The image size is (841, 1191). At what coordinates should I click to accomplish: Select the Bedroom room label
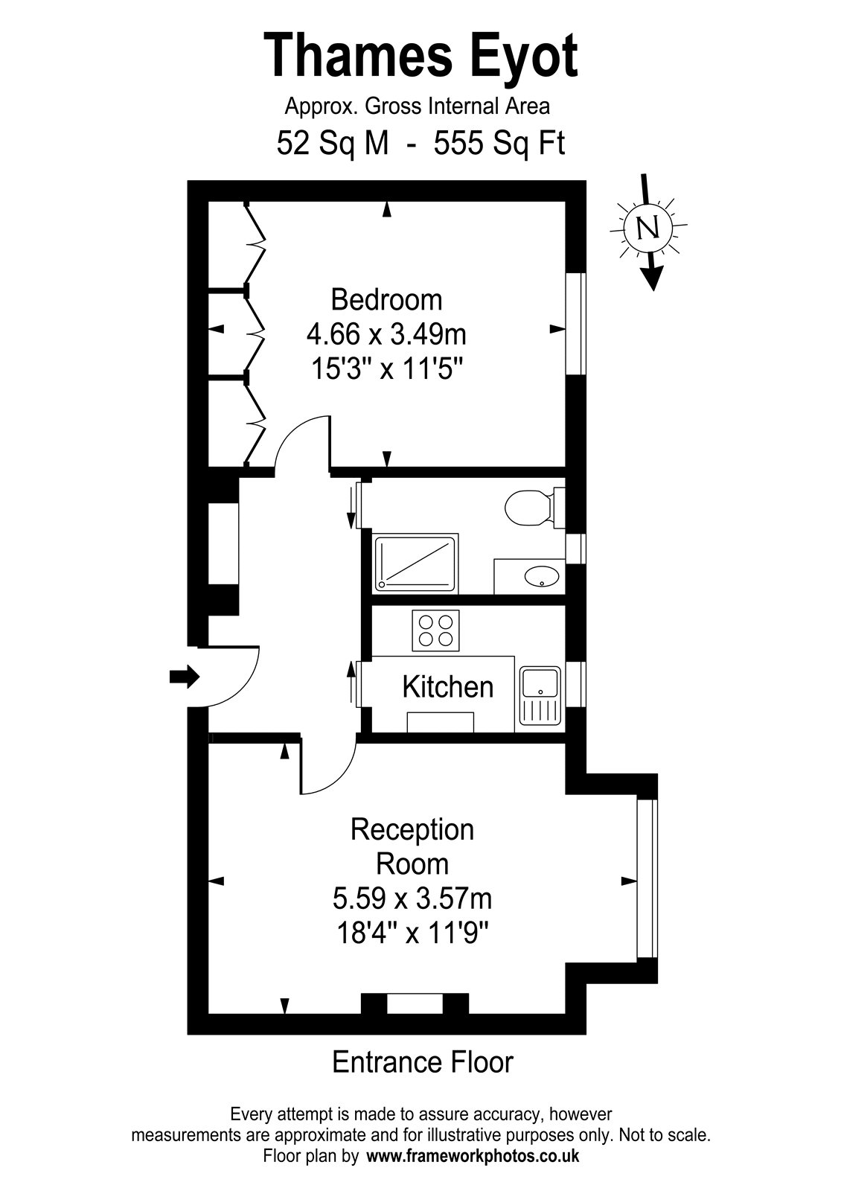(x=386, y=300)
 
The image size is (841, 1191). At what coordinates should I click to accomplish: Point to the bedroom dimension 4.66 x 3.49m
(x=386, y=334)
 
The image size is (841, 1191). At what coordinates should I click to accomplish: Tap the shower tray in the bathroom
(x=415, y=563)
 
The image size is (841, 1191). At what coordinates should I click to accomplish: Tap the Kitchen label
(x=447, y=686)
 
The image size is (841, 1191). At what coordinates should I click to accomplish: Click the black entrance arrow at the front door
(x=184, y=677)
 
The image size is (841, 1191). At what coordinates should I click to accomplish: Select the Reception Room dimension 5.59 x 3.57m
(x=412, y=899)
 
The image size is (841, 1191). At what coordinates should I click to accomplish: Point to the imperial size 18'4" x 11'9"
(x=412, y=933)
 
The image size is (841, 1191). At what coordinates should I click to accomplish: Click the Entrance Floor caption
(x=422, y=1062)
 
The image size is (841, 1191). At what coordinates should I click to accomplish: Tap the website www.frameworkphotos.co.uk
(x=473, y=1157)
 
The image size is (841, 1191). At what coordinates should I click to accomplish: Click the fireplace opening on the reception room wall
(x=414, y=1004)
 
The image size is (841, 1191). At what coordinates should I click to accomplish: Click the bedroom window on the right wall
(x=575, y=324)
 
